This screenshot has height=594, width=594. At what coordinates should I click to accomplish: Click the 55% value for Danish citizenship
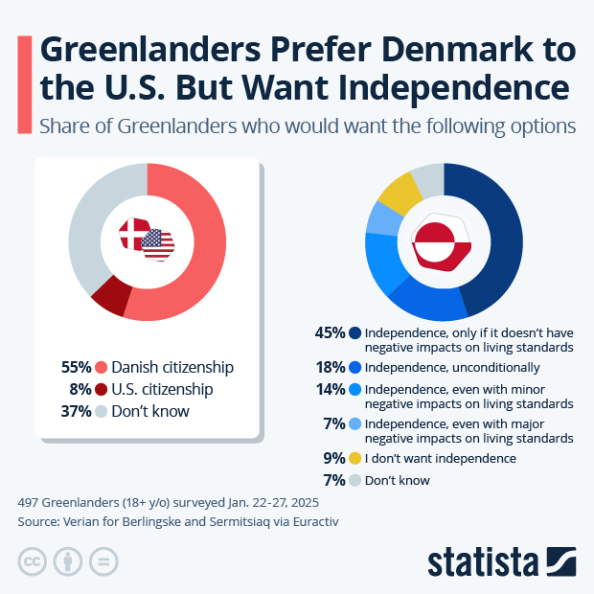[76, 367]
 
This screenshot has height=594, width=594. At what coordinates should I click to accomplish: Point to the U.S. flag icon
[158, 244]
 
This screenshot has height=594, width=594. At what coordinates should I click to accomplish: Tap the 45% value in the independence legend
[330, 333]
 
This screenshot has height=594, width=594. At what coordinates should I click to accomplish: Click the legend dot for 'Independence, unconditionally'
[355, 367]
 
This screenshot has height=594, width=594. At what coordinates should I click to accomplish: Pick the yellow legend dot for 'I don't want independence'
[355, 458]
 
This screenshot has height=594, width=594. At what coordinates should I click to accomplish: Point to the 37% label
[76, 411]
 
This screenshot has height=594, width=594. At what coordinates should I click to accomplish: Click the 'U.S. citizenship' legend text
[162, 389]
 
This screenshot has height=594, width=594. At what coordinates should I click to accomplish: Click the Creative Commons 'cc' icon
[33, 561]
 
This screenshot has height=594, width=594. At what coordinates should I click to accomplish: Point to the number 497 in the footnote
[30, 502]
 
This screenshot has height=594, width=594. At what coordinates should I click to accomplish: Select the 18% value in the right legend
[330, 367]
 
